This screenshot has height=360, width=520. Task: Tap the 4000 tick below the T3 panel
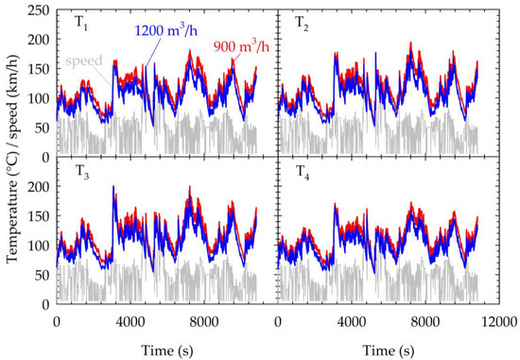[x=130, y=320]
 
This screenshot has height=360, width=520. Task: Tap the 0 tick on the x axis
[x=58, y=320]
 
